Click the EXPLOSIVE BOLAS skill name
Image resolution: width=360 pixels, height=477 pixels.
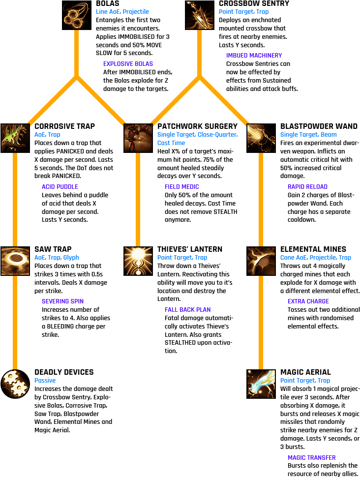(x=128, y=64)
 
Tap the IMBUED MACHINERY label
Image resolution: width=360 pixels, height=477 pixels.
(x=254, y=56)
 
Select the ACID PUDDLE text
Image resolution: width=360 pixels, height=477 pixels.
(x=60, y=187)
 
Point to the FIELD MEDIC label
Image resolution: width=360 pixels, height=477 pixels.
(x=181, y=187)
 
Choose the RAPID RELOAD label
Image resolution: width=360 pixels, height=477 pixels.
(x=307, y=187)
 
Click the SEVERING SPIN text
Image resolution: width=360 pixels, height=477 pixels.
(x=62, y=301)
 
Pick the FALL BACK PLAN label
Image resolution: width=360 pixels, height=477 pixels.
(x=187, y=310)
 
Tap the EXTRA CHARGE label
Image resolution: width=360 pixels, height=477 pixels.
(x=308, y=301)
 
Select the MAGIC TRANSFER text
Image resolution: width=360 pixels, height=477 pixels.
(x=311, y=458)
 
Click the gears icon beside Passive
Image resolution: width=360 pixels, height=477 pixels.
(x=15, y=384)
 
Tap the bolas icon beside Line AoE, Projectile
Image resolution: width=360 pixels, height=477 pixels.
(x=76, y=15)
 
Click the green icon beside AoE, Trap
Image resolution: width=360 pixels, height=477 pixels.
(x=15, y=138)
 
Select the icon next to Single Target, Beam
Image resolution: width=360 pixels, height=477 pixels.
(x=261, y=138)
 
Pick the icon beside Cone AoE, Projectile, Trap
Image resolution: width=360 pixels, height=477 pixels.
(x=261, y=261)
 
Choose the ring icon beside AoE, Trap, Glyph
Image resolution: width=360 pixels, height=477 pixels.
(x=15, y=261)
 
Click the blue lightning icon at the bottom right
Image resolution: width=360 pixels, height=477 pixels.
(x=261, y=384)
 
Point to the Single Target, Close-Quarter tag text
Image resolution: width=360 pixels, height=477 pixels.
(x=197, y=135)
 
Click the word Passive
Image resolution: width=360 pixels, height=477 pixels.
(x=45, y=381)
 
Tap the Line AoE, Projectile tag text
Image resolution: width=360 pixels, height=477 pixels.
(x=122, y=12)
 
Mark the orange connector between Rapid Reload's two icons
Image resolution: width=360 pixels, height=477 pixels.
(x=261, y=199)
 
